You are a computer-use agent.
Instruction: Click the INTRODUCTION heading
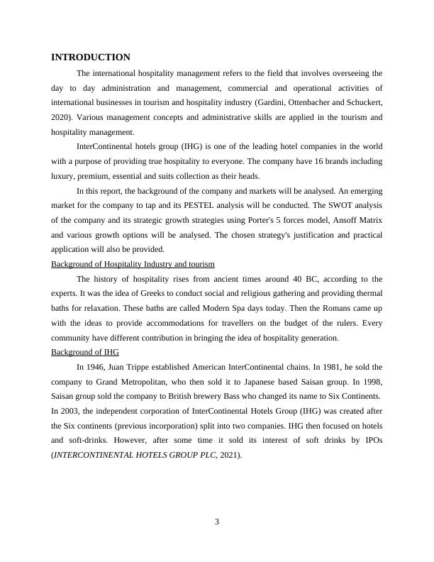tap(91, 57)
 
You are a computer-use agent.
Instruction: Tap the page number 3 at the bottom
tap(217, 523)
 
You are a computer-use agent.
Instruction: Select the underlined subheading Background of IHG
tap(85, 352)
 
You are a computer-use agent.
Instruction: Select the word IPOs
tap(369, 440)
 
